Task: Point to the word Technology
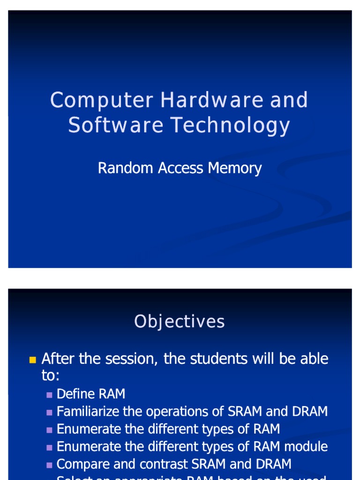pyautogui.click(x=230, y=126)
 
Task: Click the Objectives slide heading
pyautogui.click(x=180, y=322)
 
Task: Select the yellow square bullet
pyautogui.click(x=32, y=360)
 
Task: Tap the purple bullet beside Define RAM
pyautogui.click(x=49, y=395)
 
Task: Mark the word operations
pyautogui.click(x=177, y=412)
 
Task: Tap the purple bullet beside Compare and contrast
pyautogui.click(x=49, y=465)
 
